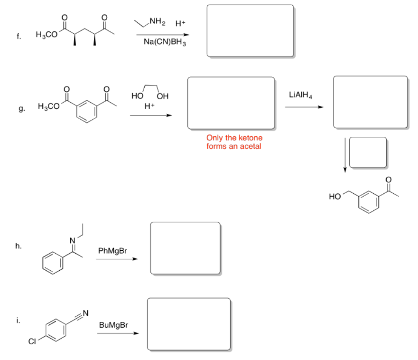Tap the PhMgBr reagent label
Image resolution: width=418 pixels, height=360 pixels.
[x=112, y=250]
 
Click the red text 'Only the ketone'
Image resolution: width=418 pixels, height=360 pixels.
[x=234, y=138]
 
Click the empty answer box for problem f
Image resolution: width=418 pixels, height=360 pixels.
[x=250, y=31]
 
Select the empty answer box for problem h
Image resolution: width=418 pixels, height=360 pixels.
[x=186, y=248]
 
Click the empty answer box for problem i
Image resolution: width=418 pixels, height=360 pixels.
[x=189, y=324]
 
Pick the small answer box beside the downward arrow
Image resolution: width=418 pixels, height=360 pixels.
[x=368, y=152]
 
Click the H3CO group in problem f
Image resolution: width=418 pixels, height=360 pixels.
[x=46, y=35]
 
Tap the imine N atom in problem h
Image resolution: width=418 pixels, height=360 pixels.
[x=73, y=241]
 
